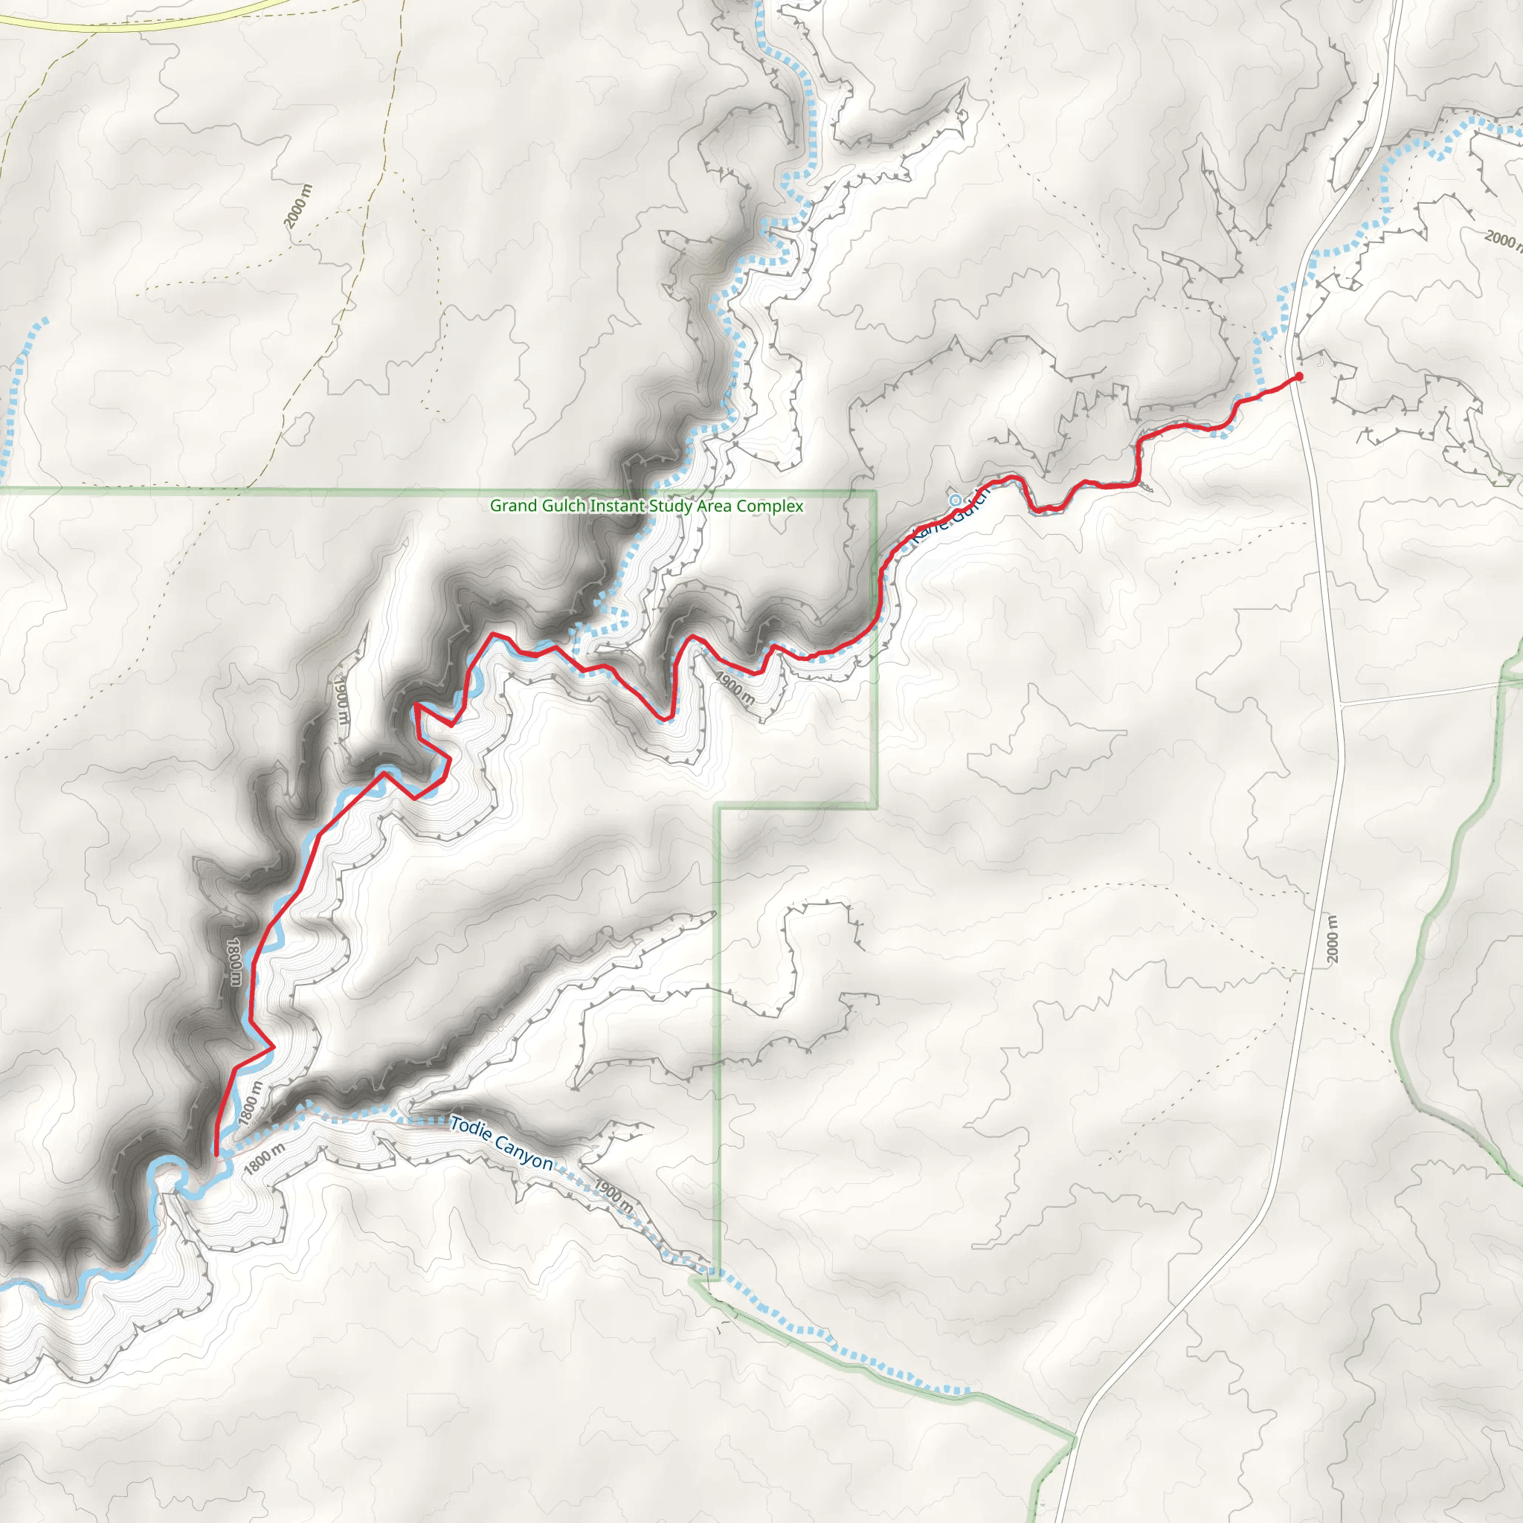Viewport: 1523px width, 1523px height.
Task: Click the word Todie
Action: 471,1128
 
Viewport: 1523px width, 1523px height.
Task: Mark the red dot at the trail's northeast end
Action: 1298,377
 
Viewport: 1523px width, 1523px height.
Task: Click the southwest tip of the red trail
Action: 216,1155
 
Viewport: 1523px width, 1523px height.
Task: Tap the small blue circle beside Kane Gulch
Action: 955,500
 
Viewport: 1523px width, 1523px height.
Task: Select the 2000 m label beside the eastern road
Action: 1331,939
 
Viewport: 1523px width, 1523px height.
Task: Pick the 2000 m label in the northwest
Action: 299,206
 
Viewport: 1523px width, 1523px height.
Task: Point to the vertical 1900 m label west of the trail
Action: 341,700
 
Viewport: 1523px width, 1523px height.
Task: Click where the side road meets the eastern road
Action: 1341,703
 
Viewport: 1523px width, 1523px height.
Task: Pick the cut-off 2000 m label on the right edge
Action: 1502,238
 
